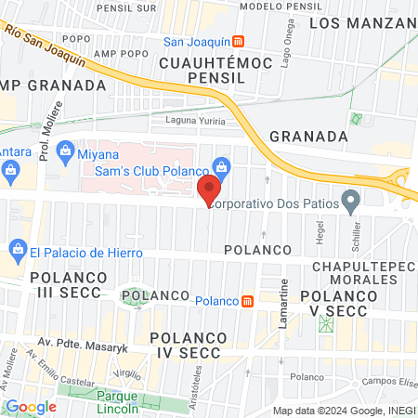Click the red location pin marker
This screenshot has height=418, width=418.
pos(209,189)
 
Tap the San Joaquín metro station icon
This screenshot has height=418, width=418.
pos(239,41)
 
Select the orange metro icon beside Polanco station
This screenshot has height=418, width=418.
pos(247,300)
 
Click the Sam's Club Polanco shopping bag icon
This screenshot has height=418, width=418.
pos(220,165)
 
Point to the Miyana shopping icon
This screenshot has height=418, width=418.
pos(65,150)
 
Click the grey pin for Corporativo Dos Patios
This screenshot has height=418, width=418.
pos(350,200)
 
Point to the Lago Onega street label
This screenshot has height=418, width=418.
pos(275,39)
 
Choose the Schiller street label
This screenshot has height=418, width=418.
pos(356,229)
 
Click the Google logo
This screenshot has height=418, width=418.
pos(31,406)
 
